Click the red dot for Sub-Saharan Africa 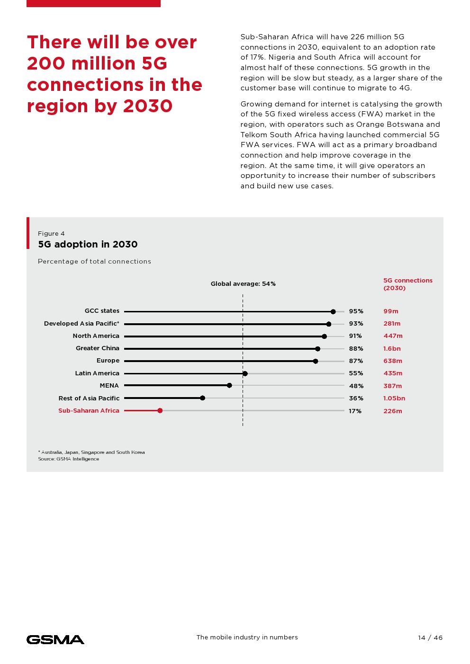point(160,411)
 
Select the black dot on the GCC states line point(333,311)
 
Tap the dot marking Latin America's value point(245,373)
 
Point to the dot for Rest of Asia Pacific point(202,398)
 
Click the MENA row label point(109,386)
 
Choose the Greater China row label point(98,348)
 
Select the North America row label point(96,336)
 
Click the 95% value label point(356,311)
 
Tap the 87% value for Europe point(356,361)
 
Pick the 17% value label point(355,411)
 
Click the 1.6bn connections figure point(392,349)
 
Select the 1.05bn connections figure point(394,398)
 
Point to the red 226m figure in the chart point(393,411)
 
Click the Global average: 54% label point(243,284)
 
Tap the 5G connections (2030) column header point(407,284)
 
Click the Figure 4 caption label point(51,234)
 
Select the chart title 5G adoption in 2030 point(88,244)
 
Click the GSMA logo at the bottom point(55,640)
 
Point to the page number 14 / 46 point(430,638)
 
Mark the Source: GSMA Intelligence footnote point(69,459)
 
